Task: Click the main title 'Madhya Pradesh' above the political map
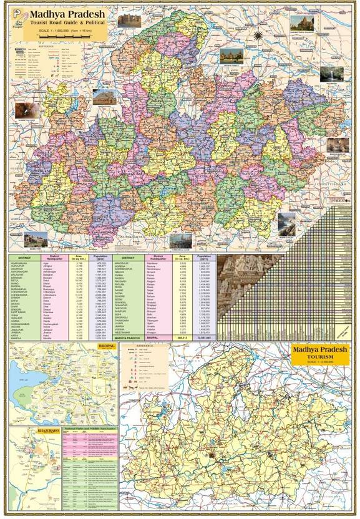pyautogui.click(x=63, y=13)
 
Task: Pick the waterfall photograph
pyautogui.click(x=331, y=74)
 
